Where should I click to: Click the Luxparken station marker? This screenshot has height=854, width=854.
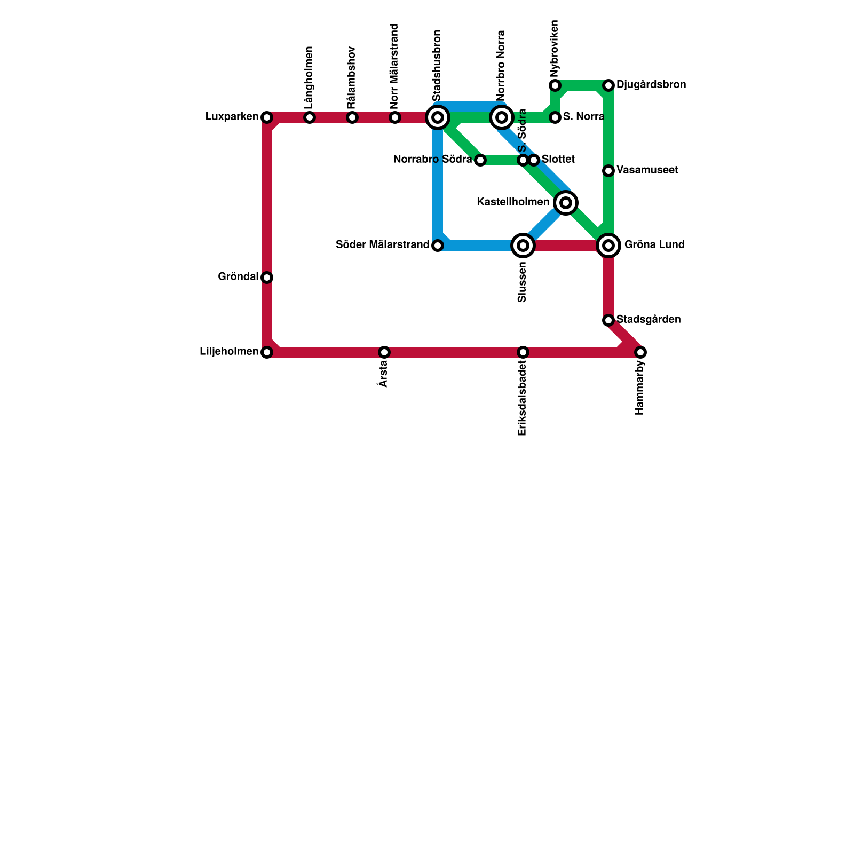267,117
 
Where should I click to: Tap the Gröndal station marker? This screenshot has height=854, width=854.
267,278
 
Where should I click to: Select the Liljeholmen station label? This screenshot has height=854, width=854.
228,352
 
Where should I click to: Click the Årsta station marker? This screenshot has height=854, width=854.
384,352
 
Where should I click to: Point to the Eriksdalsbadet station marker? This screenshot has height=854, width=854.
523,352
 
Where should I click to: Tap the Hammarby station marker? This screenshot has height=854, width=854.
640,352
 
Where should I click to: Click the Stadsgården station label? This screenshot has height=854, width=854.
649,320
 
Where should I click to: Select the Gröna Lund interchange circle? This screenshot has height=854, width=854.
608,246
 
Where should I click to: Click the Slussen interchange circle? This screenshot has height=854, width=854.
523,246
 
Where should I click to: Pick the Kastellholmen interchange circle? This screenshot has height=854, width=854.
566,203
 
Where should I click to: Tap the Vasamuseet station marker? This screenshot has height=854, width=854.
608,171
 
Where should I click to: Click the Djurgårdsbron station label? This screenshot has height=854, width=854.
651,85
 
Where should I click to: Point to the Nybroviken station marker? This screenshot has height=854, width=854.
555,85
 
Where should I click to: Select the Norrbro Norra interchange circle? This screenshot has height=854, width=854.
502,117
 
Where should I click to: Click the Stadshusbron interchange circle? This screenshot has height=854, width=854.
438,117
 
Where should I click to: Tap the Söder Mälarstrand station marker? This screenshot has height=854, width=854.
438,246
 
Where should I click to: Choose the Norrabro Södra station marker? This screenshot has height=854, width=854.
480,160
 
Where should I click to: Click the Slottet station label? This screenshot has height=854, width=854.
558,159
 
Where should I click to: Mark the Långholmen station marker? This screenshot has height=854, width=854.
310,117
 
